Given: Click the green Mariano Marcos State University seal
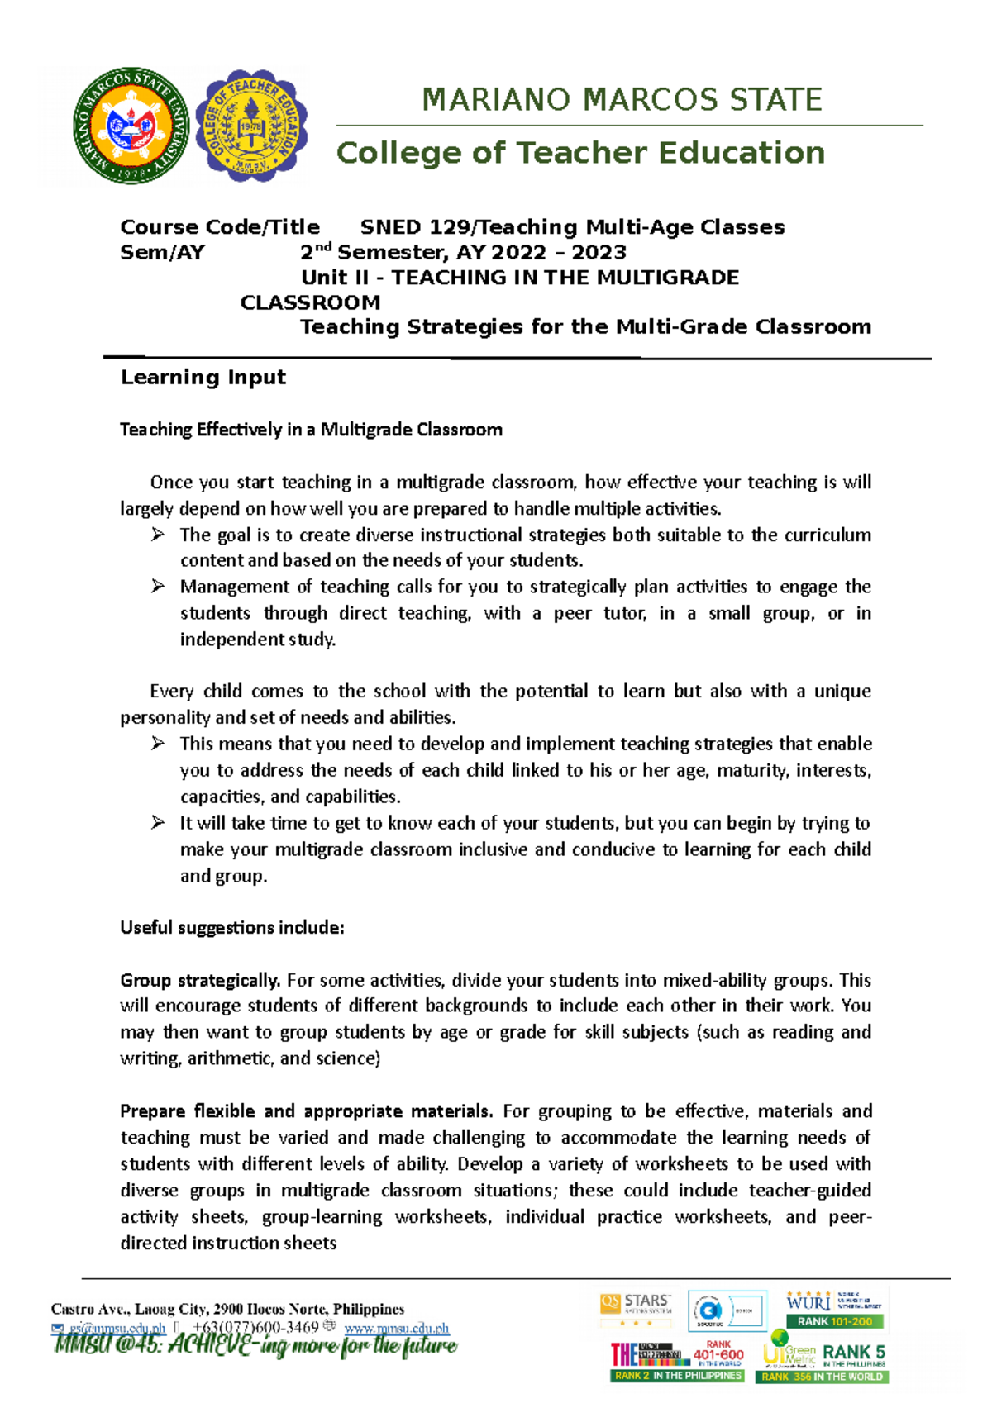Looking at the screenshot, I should coord(131,126).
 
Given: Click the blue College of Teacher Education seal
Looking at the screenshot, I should coord(251,126).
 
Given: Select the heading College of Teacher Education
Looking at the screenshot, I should coord(580,153).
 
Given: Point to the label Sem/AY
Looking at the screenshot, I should coord(162,253).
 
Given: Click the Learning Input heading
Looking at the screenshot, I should coord(203,378).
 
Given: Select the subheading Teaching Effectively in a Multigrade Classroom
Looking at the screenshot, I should coord(311,430).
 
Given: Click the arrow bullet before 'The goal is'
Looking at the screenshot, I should coord(158,535).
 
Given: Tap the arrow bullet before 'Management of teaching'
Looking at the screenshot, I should coord(158,587).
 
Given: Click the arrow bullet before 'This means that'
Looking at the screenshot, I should coord(158,744).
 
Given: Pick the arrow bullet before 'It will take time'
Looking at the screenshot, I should coord(158,823).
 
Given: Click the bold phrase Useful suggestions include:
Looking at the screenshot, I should coord(231,928).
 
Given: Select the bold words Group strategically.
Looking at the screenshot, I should coord(200,981).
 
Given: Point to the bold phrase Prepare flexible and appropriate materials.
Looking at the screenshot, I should coord(306,1111).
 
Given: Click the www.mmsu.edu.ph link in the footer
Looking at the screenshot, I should coord(396,1329).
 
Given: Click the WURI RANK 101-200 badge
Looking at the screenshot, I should coord(834,1309).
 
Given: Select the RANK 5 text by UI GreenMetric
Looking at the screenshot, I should coord(853,1353).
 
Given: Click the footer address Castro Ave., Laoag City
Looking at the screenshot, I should coord(227,1310).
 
